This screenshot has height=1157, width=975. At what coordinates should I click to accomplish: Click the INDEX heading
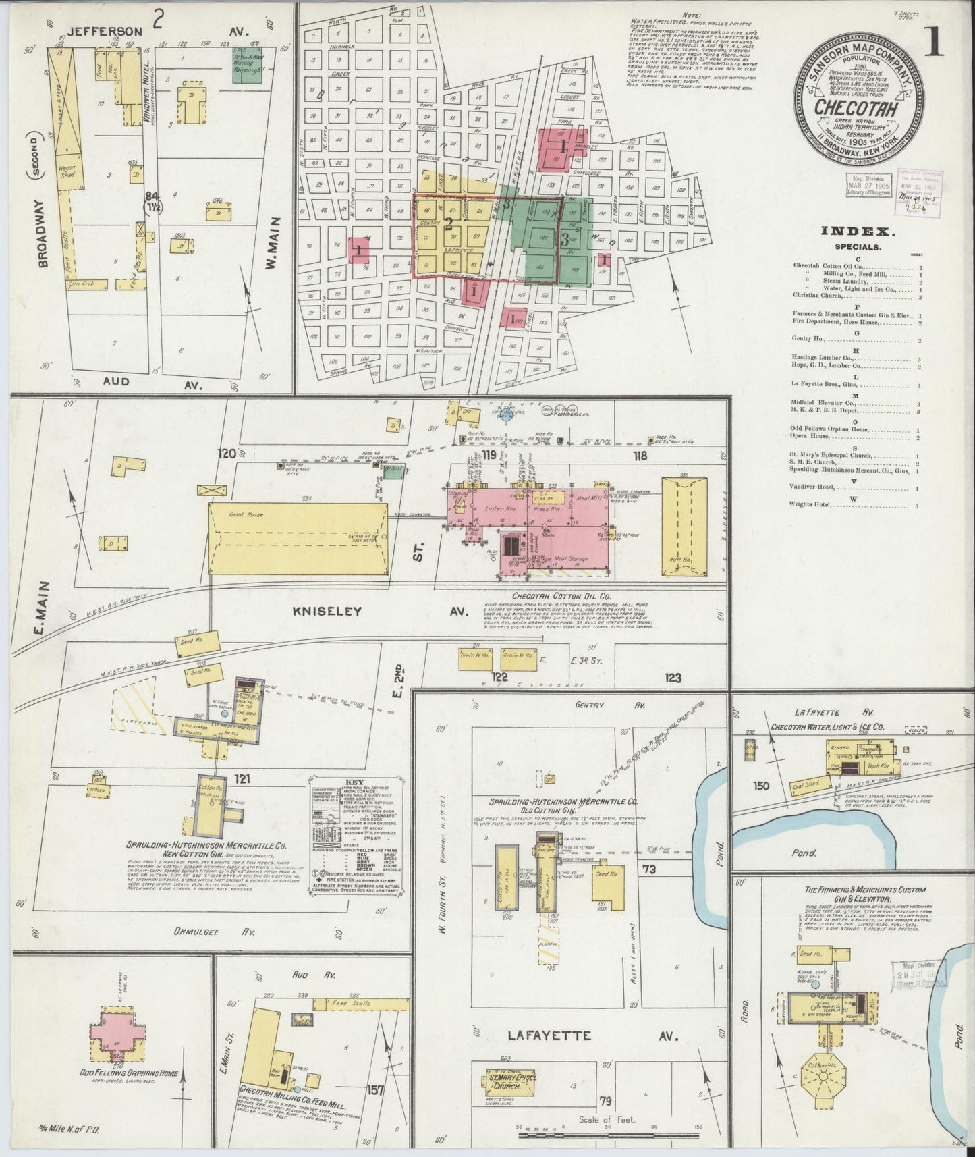[858, 232]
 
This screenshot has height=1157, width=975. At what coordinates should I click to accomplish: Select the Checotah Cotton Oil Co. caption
[561, 596]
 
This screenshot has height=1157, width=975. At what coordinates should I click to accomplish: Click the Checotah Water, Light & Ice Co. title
[828, 728]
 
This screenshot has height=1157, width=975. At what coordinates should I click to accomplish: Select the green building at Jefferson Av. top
[247, 65]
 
